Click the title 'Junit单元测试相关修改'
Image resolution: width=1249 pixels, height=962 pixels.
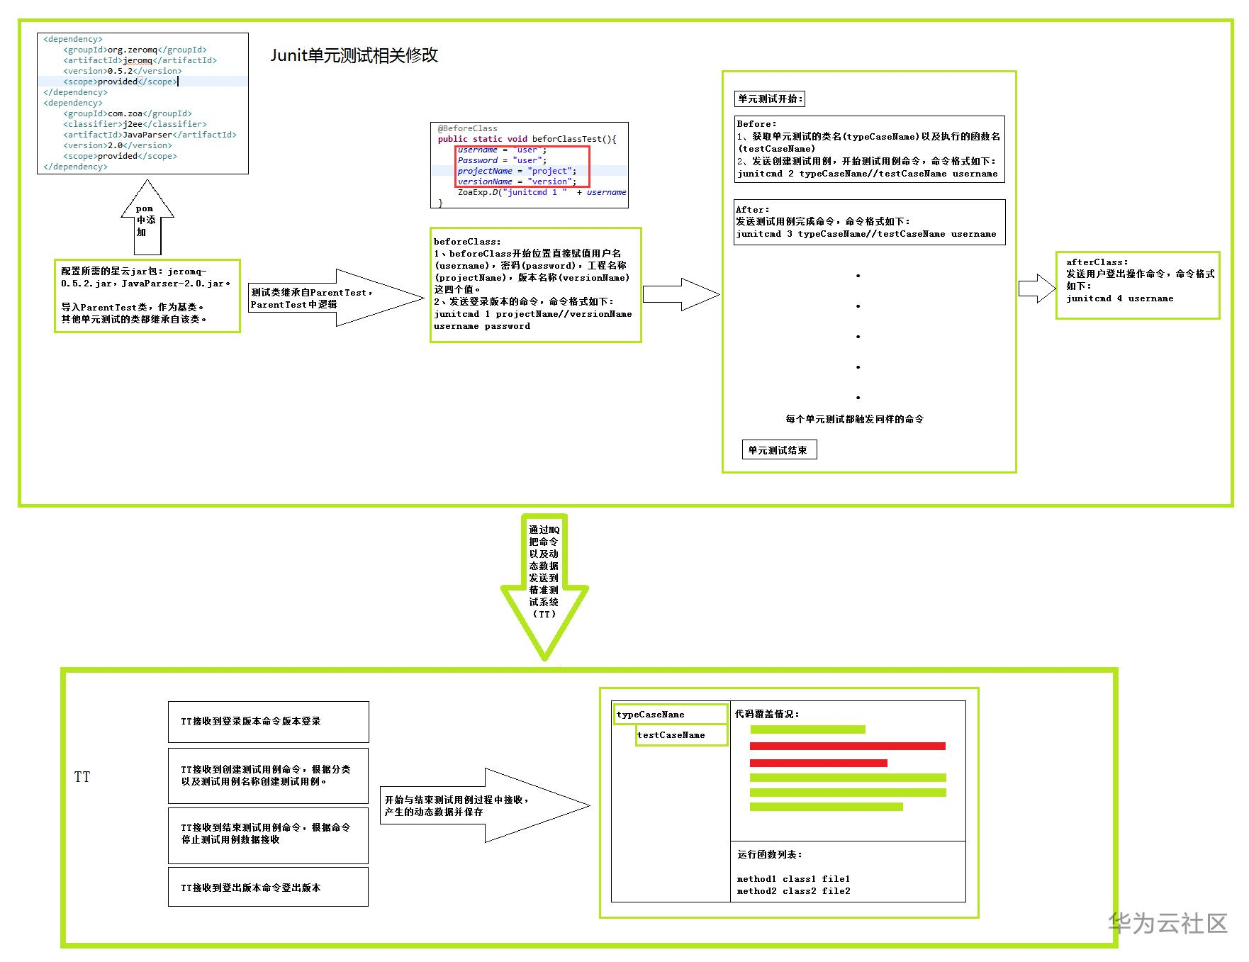[354, 55]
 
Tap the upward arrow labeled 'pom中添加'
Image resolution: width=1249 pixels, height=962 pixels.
[147, 218]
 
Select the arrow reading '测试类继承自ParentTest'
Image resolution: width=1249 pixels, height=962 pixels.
[335, 298]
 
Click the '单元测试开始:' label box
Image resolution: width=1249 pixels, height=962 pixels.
[770, 99]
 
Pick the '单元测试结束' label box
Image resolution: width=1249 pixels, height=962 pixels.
[779, 449]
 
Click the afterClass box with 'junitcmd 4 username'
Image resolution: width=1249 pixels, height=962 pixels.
[1138, 285]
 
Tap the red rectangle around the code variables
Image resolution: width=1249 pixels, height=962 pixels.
[522, 167]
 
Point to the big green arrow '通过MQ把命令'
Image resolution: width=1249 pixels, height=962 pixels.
[544, 587]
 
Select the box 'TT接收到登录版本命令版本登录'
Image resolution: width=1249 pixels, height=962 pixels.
[269, 722]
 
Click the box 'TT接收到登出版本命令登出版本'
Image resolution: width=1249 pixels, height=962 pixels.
[269, 887]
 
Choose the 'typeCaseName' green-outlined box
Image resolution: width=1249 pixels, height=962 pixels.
[671, 714]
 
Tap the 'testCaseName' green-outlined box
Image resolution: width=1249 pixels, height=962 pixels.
[681, 735]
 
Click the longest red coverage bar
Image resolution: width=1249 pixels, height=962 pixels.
[848, 746]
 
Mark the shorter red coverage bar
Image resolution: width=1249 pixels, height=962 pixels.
[819, 763]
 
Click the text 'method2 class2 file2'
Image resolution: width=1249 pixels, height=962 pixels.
[793, 891]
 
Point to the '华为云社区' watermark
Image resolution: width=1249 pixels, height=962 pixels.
[1167, 923]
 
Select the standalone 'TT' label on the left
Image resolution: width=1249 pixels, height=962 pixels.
[82, 777]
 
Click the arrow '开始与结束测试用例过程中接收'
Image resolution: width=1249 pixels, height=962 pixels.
[485, 805]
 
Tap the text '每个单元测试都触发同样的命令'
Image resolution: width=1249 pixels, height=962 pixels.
[854, 419]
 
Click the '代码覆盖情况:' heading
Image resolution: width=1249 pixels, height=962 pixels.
[767, 714]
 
